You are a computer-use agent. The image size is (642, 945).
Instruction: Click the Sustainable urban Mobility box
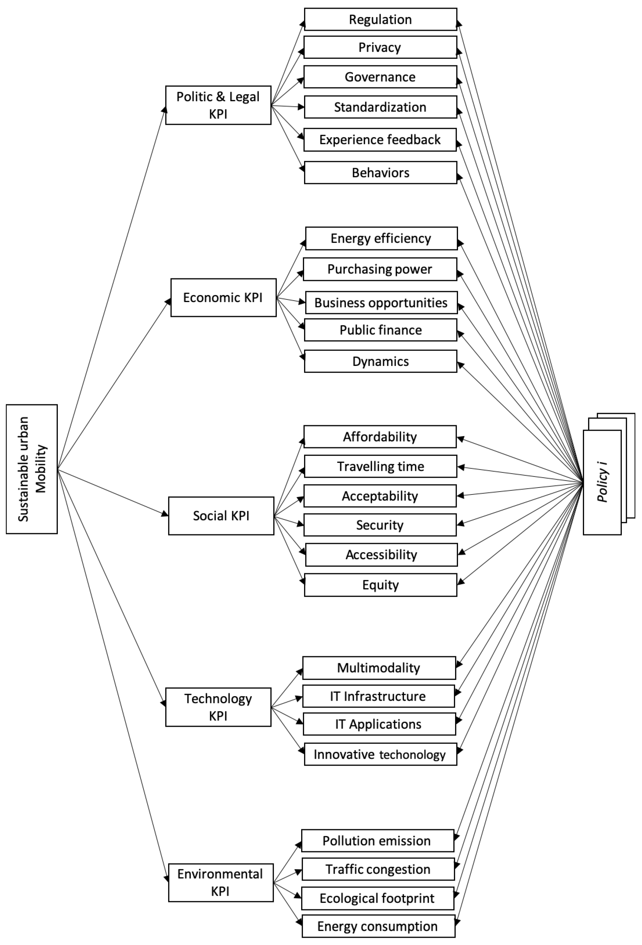(x=32, y=469)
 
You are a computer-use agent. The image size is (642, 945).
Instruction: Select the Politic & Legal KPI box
(x=218, y=105)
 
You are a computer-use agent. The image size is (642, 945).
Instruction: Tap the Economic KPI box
(x=223, y=298)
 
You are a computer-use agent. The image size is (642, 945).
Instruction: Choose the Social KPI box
(x=221, y=515)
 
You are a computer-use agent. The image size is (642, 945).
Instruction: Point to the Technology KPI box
(x=218, y=707)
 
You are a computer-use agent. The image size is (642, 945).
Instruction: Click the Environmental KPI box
(x=220, y=883)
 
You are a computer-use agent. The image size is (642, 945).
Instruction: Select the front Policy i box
(x=602, y=482)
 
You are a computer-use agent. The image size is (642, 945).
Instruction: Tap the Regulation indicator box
(x=381, y=19)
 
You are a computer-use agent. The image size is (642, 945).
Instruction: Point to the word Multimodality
(x=378, y=668)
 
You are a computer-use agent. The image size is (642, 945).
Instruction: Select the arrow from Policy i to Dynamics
(x=521, y=423)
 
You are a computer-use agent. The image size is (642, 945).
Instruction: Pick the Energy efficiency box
(x=381, y=238)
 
